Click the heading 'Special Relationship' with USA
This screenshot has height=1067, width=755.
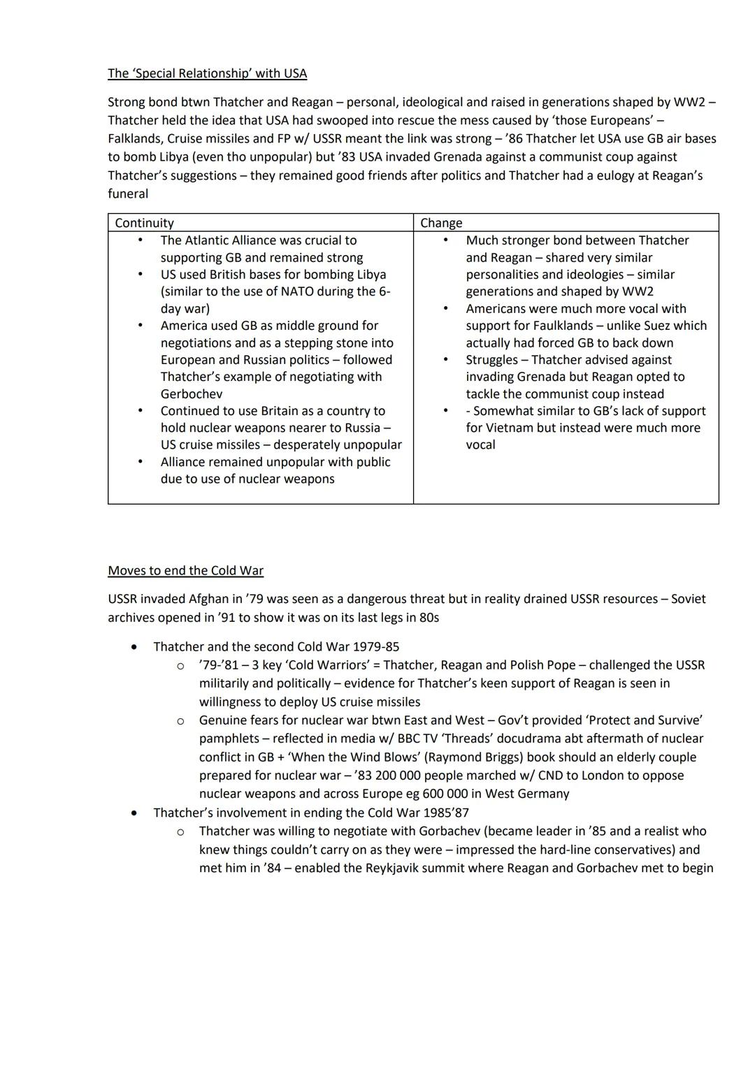coord(207,73)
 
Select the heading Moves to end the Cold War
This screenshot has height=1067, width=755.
coord(185,570)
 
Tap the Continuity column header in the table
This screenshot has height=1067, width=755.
coord(144,223)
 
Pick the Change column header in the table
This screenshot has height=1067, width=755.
coord(441,223)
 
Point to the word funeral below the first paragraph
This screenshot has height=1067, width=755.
coord(128,194)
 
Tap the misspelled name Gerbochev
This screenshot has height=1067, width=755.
coord(192,393)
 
